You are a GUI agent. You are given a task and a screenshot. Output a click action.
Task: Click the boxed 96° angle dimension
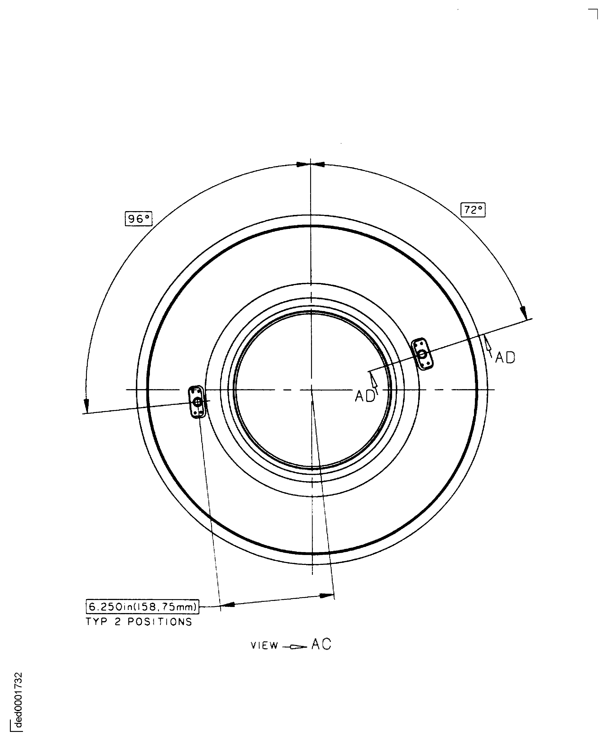coord(138,219)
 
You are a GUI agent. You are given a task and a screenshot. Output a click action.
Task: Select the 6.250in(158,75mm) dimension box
coord(142,607)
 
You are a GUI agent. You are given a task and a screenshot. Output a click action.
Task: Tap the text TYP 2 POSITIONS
coord(139,622)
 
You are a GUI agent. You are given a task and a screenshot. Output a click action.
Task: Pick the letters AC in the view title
coord(321,645)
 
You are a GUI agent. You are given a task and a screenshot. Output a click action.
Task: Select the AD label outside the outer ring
coord(505,357)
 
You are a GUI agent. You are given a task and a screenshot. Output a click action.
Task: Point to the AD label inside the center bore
coord(365,396)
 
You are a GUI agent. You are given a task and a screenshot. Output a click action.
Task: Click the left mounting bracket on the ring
coord(197,401)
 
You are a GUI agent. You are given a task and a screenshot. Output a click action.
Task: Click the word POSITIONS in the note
coord(160,622)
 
